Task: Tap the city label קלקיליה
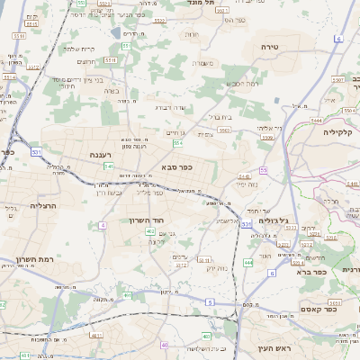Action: click(341, 131)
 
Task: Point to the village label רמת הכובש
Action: click(238, 83)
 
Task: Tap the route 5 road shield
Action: click(210, 303)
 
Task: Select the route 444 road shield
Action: click(247, 263)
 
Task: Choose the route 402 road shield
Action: click(150, 231)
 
